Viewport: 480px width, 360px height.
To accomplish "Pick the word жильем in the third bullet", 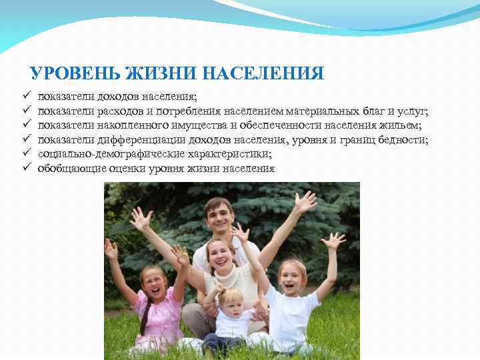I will [x=404, y=125].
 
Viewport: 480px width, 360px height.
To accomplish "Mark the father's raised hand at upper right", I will [x=305, y=201].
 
